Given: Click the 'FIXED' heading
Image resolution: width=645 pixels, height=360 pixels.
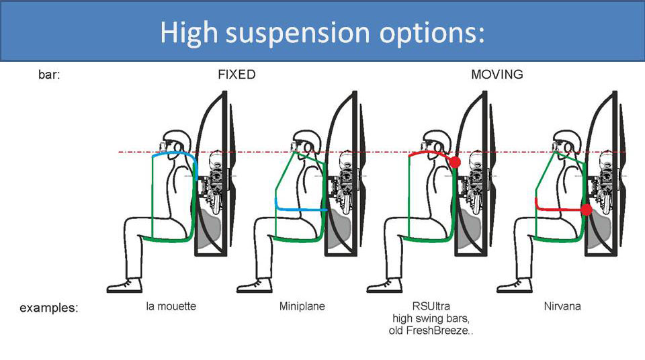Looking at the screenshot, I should click(x=236, y=75).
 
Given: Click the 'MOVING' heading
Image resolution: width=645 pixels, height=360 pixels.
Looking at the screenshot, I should click(x=497, y=75).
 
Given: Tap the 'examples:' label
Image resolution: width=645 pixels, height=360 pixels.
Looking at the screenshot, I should click(x=49, y=308).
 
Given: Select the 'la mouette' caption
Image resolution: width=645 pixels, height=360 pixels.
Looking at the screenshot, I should click(x=171, y=307).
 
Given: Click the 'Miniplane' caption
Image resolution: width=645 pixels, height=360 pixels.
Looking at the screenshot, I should click(x=302, y=307).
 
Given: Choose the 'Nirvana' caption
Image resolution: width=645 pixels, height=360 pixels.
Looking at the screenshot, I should click(x=562, y=307).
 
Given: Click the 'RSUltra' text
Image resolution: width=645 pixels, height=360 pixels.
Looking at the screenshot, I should click(x=431, y=307).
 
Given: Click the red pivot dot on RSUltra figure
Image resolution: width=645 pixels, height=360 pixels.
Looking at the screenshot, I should click(x=455, y=162).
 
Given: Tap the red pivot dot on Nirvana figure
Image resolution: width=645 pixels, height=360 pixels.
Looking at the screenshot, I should click(x=586, y=210).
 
